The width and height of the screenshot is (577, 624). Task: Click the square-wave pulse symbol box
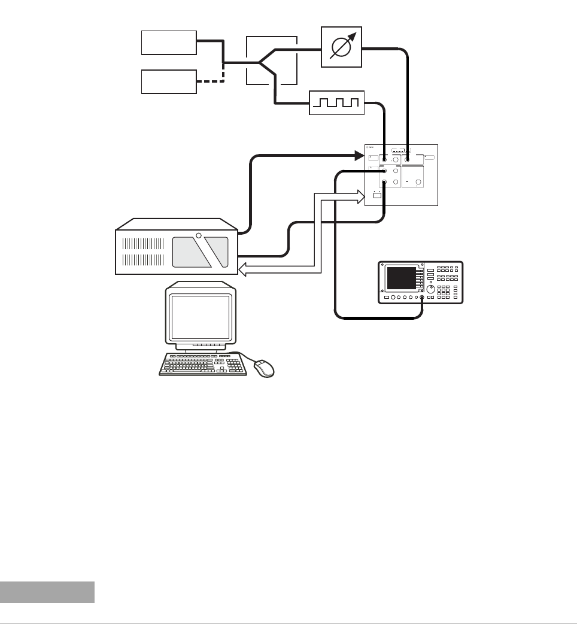coord(336,102)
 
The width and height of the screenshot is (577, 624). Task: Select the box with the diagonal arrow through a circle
coord(342,46)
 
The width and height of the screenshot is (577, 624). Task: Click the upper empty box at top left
coord(169,42)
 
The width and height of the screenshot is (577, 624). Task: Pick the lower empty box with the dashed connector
coord(169,81)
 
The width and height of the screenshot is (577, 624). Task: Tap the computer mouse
coord(265,368)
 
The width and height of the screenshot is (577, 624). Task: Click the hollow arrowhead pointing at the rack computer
coord(244,271)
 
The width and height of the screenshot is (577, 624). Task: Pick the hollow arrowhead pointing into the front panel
coord(360,195)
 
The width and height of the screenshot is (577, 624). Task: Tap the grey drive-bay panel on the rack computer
coord(200,252)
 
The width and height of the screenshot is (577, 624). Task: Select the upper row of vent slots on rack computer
coord(143,244)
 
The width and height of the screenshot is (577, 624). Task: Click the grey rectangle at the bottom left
coord(47,592)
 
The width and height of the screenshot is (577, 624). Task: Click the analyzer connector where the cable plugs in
coord(422,298)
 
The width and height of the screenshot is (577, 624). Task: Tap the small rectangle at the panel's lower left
coord(377,195)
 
